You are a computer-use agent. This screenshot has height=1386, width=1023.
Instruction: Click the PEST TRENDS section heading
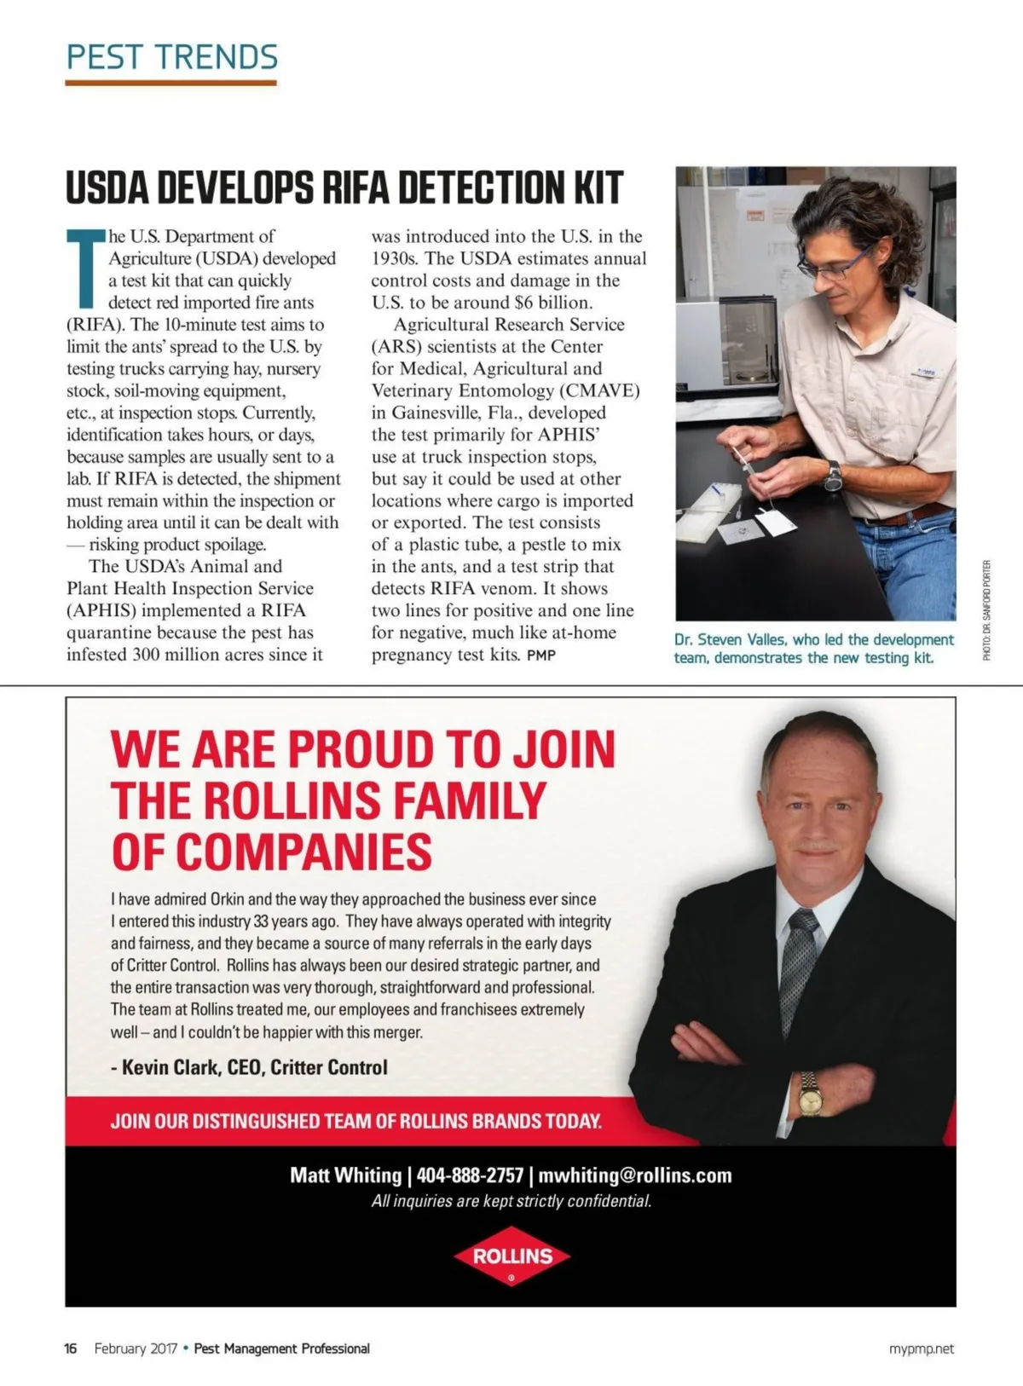point(171,57)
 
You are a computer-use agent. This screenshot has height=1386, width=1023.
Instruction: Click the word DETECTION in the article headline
point(471,188)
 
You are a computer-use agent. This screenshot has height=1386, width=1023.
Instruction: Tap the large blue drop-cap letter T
point(84,269)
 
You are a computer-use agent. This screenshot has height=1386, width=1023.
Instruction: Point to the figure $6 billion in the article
point(553,303)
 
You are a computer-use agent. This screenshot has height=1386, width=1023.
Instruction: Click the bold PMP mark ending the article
point(541,655)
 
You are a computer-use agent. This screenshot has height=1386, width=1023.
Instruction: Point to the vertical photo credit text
point(986,609)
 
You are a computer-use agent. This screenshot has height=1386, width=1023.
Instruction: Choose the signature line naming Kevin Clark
point(249,1067)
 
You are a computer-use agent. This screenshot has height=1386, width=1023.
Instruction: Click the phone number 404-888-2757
point(470,1175)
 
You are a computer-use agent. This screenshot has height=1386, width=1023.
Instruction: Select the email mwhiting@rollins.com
point(635,1175)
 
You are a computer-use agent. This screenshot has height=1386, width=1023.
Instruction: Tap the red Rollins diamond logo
point(511,1256)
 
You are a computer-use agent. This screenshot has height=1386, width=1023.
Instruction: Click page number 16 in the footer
point(71,1348)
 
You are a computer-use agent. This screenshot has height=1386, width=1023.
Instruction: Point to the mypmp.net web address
point(922,1348)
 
